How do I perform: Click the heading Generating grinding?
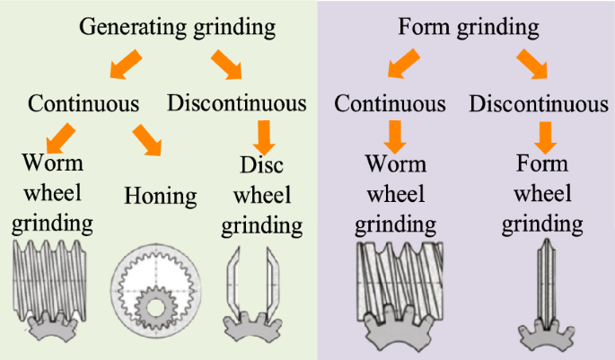click(177, 26)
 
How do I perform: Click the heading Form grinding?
click(469, 26)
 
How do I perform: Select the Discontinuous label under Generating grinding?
click(237, 102)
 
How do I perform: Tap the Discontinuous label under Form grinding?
click(539, 102)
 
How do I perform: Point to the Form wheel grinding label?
click(542, 193)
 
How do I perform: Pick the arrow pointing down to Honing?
click(148, 139)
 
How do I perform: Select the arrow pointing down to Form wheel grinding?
click(542, 136)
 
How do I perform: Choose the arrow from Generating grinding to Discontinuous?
click(229, 63)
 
